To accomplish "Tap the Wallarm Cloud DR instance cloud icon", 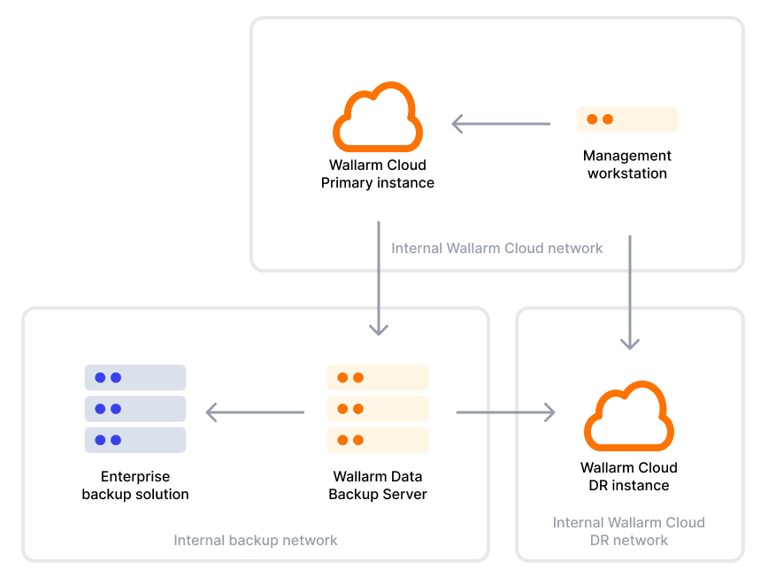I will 629,417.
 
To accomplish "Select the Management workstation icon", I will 627,119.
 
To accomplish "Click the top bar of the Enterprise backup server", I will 135,378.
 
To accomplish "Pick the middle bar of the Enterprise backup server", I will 135,409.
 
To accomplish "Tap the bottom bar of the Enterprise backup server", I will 135,440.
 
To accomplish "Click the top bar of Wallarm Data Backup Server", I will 378,378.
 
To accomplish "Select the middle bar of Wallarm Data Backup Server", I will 378,409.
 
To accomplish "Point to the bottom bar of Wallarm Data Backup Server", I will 378,440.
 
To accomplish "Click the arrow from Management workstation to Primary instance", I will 501,124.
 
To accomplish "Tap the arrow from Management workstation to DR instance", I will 630,292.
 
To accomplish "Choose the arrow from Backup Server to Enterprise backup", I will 255,412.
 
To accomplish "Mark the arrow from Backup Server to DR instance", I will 505,412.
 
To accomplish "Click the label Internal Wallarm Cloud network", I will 497,249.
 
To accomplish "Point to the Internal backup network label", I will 256,540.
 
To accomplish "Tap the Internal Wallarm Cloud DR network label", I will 629,531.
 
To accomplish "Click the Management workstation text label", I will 627,165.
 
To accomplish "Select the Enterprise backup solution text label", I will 135,485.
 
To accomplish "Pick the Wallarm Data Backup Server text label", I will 378,485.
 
